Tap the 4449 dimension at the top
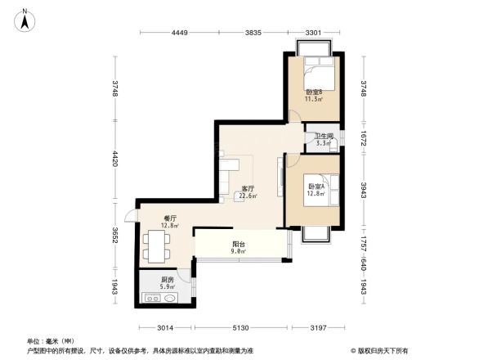[180, 33]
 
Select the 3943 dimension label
[361, 191]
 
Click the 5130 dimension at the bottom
[239, 328]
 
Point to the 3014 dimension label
[164, 328]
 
